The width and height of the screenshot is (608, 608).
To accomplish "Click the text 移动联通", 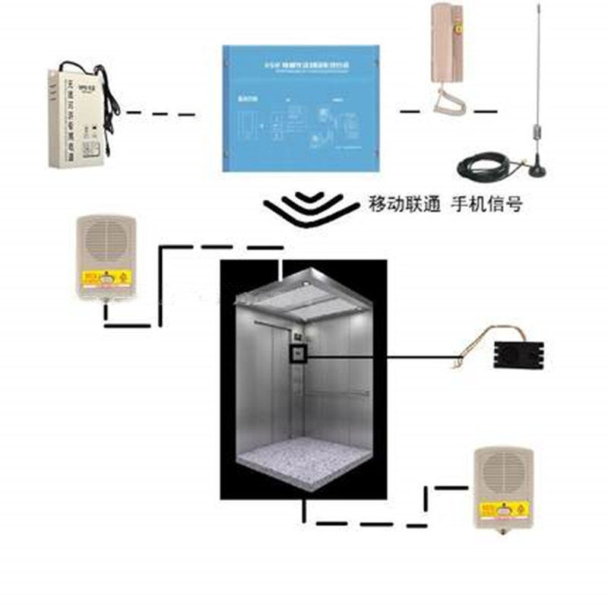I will coord(404,204).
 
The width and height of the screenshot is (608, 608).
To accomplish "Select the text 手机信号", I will coord(486,204).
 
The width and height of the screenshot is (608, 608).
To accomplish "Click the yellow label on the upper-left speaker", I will coord(106,280).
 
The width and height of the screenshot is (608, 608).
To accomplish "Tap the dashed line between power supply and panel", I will coord(160,114).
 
